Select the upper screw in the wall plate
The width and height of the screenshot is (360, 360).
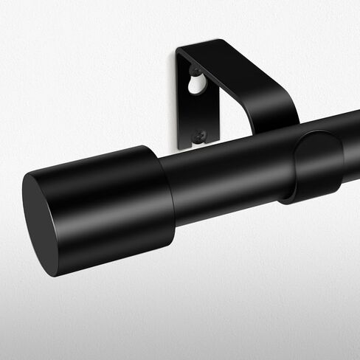click(x=197, y=72)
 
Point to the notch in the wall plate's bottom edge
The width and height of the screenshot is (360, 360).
click(x=198, y=145)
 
